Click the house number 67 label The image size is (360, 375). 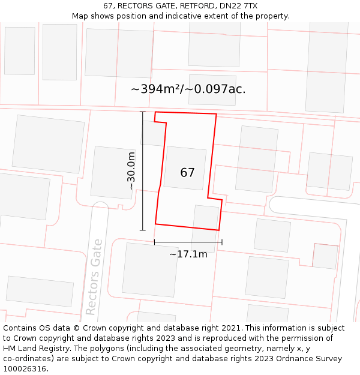187,173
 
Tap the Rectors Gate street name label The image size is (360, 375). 94,277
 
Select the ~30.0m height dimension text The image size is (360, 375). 131,170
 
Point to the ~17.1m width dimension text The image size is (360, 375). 188,254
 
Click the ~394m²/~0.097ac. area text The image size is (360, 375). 188,89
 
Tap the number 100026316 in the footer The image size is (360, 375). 25,368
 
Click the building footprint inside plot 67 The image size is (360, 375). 185,168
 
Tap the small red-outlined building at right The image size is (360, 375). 325,256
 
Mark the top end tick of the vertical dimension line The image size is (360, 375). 142,112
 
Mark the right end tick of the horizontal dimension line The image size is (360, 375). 222,242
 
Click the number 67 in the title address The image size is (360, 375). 108,6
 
